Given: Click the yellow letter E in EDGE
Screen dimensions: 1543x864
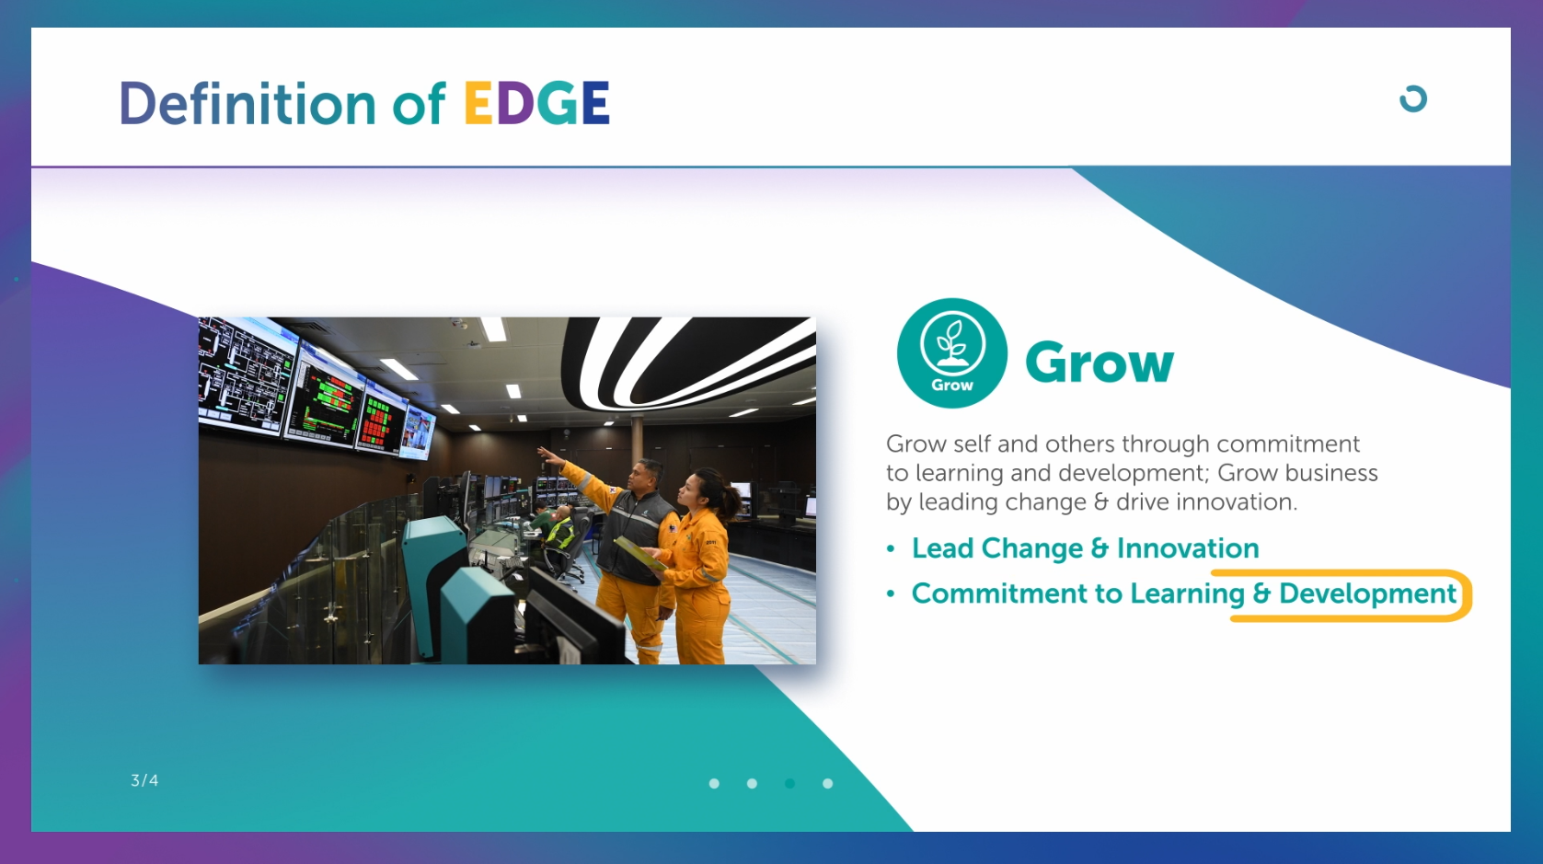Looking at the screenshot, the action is (x=478, y=103).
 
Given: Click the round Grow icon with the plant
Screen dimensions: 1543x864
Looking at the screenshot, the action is (x=952, y=352).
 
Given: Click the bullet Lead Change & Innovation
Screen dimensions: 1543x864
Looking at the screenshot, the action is (x=1085, y=548).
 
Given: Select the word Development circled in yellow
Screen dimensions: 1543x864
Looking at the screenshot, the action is (x=1367, y=593).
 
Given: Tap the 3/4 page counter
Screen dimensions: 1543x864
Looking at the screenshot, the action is (x=144, y=780).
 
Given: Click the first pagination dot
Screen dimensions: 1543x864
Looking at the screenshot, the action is (x=714, y=783).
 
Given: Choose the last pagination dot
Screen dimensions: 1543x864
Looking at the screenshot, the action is (x=828, y=783).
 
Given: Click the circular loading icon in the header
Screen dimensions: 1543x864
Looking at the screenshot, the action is (x=1413, y=99).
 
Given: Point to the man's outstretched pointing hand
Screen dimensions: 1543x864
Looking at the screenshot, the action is (x=549, y=454).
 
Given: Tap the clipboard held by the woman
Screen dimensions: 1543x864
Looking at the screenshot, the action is (x=639, y=553).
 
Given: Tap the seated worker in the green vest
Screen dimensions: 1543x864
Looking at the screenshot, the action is (x=559, y=531).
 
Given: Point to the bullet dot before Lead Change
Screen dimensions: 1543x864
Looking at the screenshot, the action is (x=891, y=549).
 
